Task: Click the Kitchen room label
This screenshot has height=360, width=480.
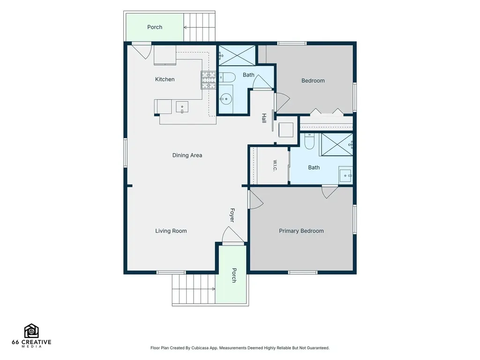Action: (165, 79)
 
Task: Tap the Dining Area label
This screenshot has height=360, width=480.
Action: (187, 155)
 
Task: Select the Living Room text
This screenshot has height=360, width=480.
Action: (171, 231)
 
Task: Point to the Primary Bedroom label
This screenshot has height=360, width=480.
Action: (301, 231)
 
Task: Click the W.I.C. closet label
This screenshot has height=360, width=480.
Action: (275, 165)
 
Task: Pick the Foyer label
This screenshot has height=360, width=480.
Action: (232, 215)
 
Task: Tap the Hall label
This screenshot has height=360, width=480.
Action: (264, 118)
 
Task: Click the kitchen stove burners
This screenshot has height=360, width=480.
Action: (208, 80)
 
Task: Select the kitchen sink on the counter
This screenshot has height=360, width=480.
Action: (182, 107)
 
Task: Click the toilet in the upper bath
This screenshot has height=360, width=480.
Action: (227, 77)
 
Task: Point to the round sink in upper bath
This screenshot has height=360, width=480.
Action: (226, 98)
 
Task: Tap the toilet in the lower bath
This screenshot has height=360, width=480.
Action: (309, 141)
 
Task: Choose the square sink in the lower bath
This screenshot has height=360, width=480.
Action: (345, 175)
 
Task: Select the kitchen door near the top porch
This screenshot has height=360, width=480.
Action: (142, 51)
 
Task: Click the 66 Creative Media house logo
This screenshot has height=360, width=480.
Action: (31, 331)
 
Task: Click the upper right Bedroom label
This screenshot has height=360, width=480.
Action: (313, 81)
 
